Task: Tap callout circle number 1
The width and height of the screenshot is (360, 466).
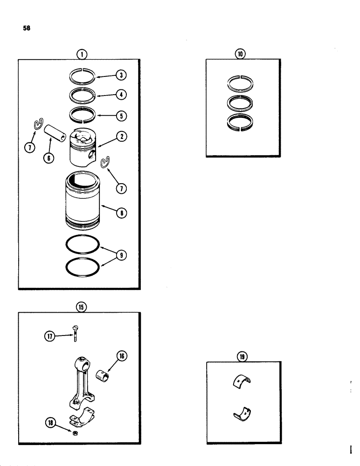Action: pos(82,54)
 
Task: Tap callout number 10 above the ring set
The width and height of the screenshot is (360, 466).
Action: pos(240,54)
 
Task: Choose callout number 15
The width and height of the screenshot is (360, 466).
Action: pos(82,307)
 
